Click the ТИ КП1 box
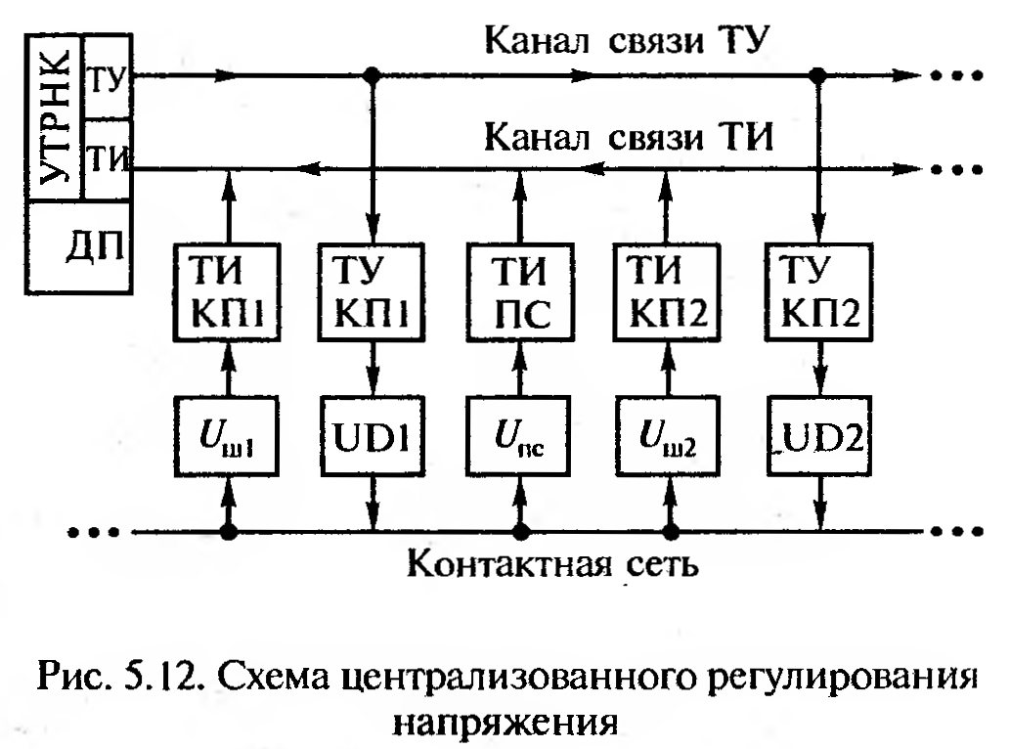[x=229, y=290]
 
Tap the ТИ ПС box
[x=521, y=290]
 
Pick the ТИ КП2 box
[x=670, y=290]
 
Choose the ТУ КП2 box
[x=819, y=290]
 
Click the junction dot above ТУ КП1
[x=370, y=74]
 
